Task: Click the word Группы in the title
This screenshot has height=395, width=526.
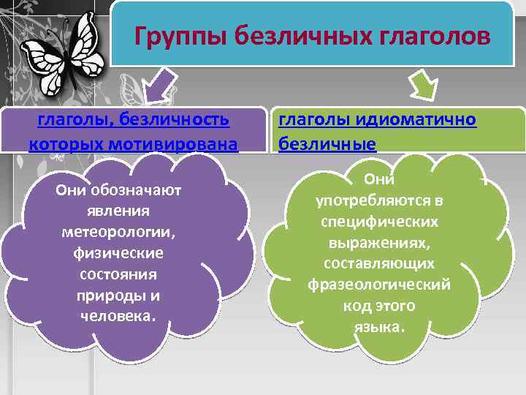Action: (169, 35)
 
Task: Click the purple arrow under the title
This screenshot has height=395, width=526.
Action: (162, 84)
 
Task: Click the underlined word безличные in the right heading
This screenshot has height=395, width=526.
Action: (327, 143)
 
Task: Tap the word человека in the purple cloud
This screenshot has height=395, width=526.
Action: (118, 316)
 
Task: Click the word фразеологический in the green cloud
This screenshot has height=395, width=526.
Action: (379, 284)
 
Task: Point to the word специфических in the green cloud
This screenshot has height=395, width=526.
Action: (379, 220)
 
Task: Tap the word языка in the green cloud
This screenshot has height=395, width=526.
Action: (379, 326)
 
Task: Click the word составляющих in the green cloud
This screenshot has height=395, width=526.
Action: (379, 263)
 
